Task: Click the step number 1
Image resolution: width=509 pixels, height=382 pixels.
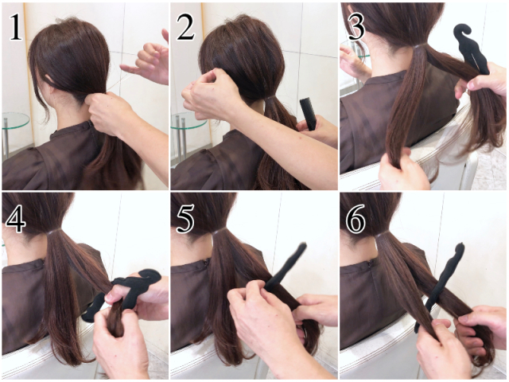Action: coord(16,28)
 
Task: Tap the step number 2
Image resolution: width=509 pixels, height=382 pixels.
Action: coord(185,28)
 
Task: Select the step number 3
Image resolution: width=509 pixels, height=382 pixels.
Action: coord(356,27)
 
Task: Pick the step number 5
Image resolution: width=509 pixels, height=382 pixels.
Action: coord(185,219)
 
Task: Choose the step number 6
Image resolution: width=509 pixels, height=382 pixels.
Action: coord(356,219)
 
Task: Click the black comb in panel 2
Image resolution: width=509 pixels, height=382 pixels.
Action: coord(308,114)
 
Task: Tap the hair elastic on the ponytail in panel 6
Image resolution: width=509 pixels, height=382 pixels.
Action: coord(386,233)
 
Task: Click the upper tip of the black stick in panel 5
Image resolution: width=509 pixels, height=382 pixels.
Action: coord(303,245)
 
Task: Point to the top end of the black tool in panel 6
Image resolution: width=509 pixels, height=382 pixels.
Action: coord(460,246)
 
